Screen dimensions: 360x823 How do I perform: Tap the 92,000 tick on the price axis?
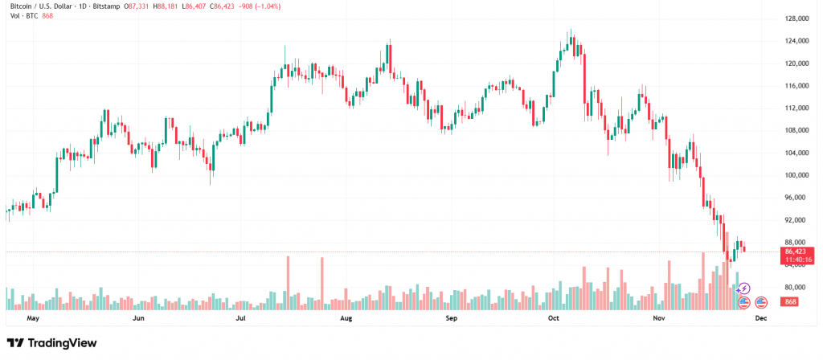coord(796,220)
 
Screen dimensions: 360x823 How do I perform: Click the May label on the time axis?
coord(33,318)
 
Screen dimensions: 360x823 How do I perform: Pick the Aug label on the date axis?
coord(346,318)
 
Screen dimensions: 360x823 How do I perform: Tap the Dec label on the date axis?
coord(761,318)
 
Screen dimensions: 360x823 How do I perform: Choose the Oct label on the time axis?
coord(553,318)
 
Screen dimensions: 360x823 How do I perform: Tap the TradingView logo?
coord(51,343)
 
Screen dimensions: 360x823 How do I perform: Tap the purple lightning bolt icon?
coord(745,288)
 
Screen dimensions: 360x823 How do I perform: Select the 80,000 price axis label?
coord(796,288)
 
